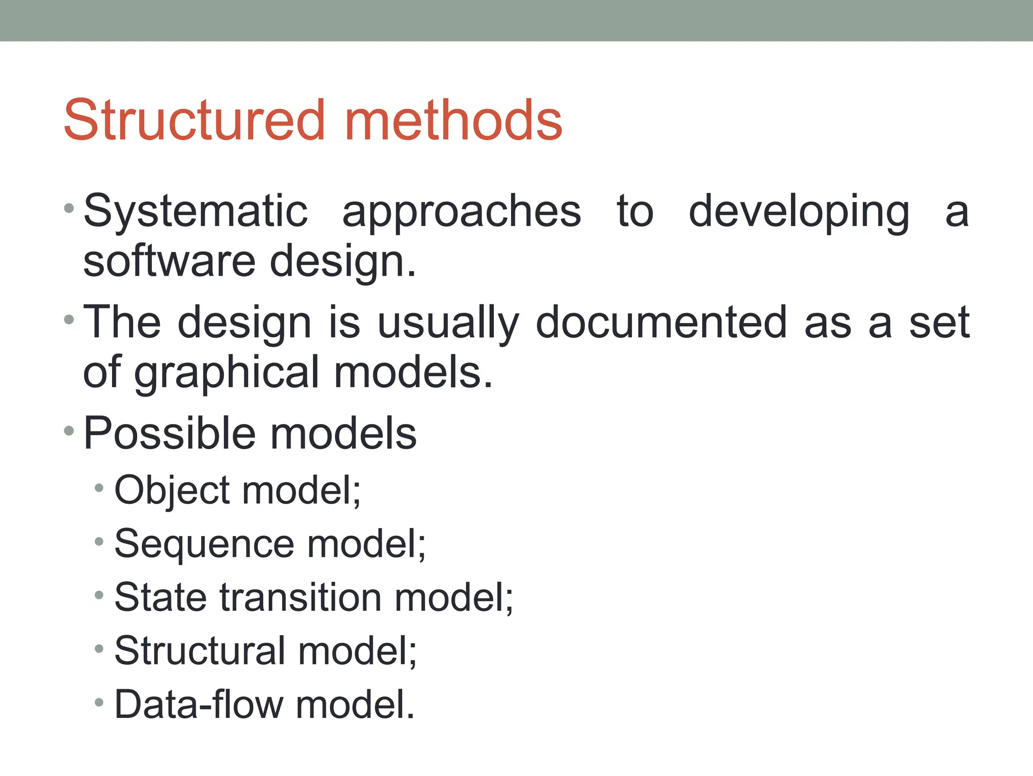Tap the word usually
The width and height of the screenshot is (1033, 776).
pos(448,324)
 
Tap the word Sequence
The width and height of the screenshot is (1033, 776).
pos(204,544)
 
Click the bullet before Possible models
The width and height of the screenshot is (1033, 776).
pos(69,431)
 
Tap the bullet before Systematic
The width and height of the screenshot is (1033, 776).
pos(69,208)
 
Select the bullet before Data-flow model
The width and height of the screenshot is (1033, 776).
pos(99,702)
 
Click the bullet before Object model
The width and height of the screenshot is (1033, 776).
pos(99,488)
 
